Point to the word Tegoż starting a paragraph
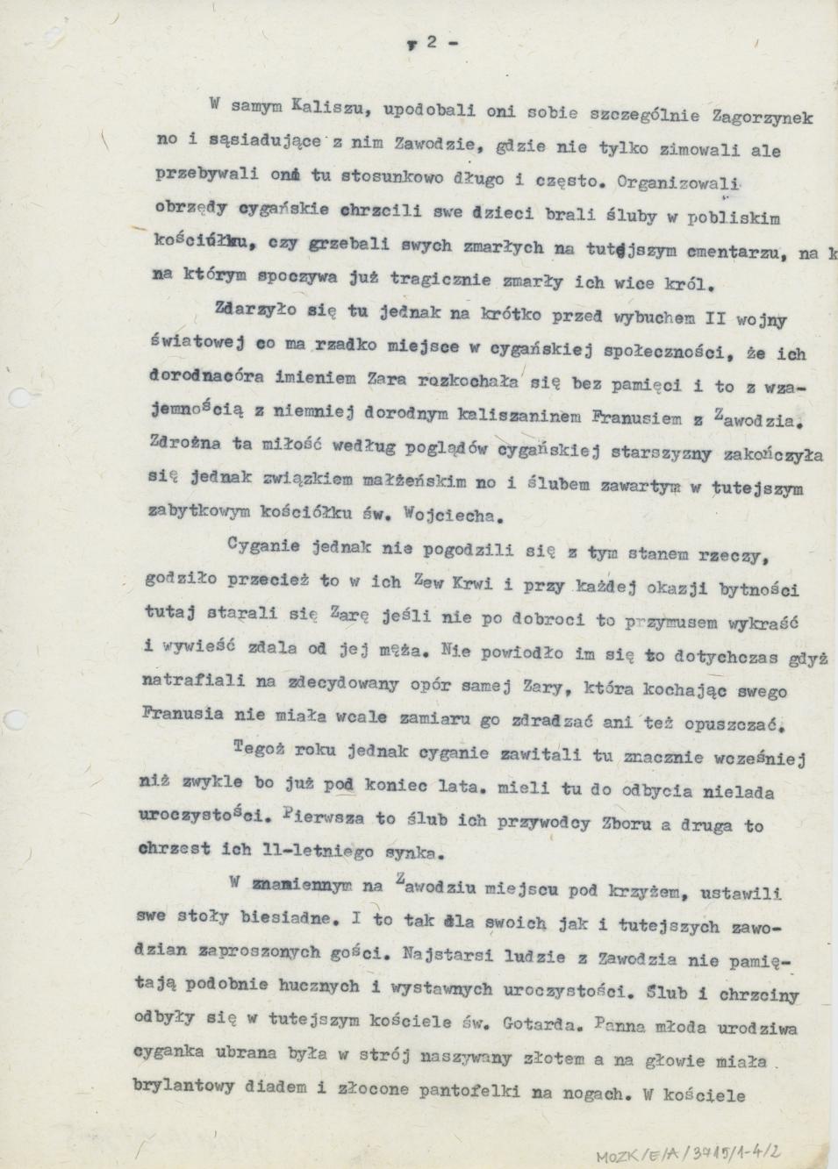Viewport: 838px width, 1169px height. [x=261, y=750]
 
